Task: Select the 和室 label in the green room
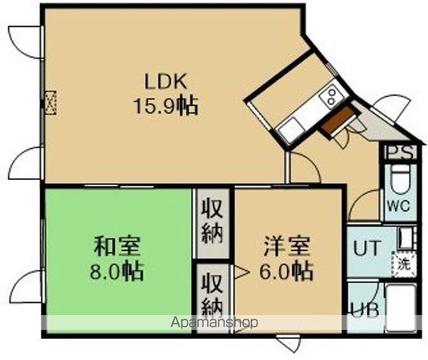118,245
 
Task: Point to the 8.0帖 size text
119,270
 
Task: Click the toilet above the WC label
399,180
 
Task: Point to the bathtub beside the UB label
402,307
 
